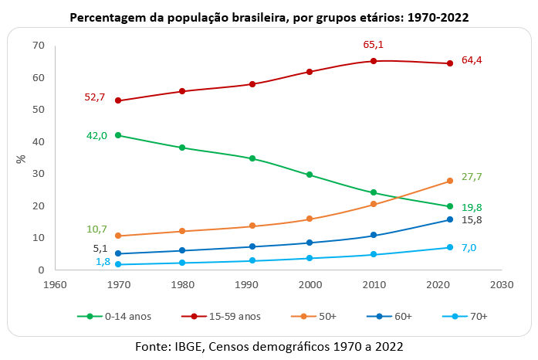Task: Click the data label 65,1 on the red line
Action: click(x=374, y=45)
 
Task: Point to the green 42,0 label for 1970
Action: click(x=96, y=135)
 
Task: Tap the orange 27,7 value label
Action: click(x=472, y=177)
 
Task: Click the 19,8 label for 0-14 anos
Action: click(x=472, y=207)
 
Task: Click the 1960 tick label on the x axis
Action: click(x=54, y=283)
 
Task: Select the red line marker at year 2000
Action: click(x=310, y=72)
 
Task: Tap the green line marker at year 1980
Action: click(x=181, y=148)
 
